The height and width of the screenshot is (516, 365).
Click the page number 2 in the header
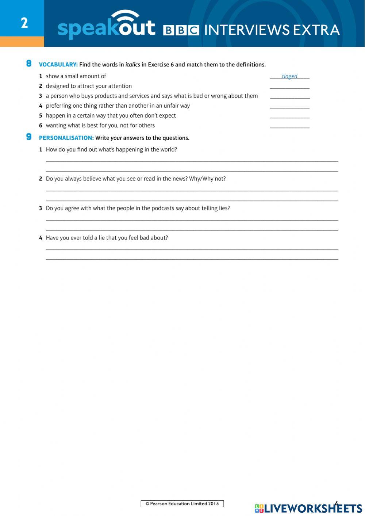tap(24, 23)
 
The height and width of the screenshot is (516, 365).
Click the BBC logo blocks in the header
tap(181, 30)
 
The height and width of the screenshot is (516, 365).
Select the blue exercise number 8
tap(29, 64)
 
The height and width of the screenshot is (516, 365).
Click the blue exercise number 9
tap(29, 137)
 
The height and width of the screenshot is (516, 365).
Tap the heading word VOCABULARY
tap(58, 65)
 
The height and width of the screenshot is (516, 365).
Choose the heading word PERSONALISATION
tap(66, 138)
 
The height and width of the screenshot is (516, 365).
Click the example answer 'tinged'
tap(289, 76)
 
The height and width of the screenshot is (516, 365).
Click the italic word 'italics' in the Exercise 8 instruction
tap(132, 65)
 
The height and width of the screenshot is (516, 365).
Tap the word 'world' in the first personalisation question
tap(168, 149)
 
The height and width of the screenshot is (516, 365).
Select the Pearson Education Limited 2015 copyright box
tap(182, 504)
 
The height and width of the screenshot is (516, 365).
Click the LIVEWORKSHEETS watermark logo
tap(308, 508)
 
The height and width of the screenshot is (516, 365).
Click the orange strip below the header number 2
tap(22, 42)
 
